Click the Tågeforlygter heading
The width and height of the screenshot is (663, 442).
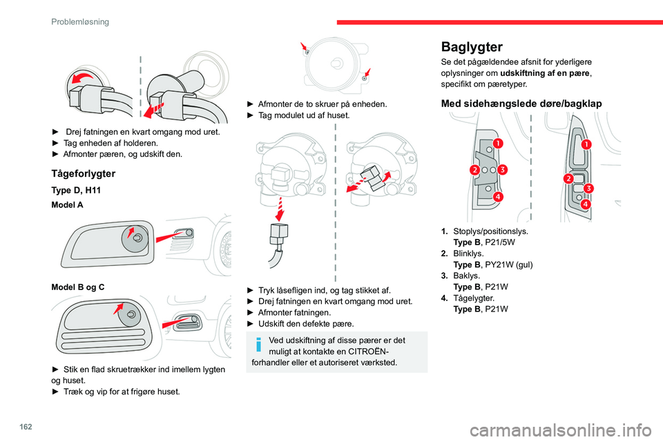pos(83,173)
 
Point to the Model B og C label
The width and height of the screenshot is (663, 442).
pos(77,285)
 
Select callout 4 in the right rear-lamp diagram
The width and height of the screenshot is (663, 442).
pos(585,205)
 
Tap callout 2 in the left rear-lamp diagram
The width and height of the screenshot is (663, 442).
pos(475,170)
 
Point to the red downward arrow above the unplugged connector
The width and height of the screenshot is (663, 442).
pos(280,206)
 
